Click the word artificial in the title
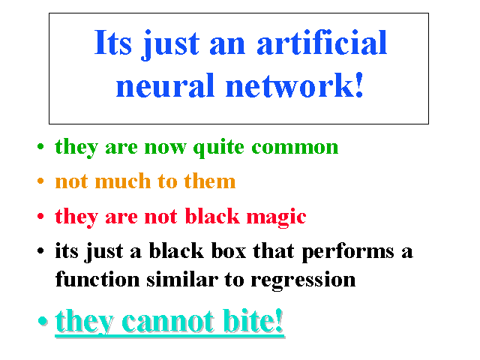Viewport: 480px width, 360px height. tap(322, 43)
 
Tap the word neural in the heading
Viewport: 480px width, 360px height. tap(165, 85)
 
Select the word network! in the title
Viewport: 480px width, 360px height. tap(295, 85)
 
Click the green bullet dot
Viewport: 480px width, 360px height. tap(40, 146)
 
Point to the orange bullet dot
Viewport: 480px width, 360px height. tap(40, 181)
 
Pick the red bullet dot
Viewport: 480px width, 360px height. tap(40, 216)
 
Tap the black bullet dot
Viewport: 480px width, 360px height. tap(40, 251)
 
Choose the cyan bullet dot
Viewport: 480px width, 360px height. tap(43, 321)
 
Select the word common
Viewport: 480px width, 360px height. tap(295, 147)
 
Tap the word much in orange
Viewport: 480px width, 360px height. tap(123, 181)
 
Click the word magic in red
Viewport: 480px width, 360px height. tap(276, 217)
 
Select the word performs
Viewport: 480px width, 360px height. tap(348, 252)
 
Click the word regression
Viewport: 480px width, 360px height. tap(303, 280)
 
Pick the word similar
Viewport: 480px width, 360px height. tap(182, 279)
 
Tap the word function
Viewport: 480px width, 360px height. tap(97, 279)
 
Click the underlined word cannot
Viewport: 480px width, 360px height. tap(168, 322)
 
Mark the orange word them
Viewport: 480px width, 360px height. tap(210, 181)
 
